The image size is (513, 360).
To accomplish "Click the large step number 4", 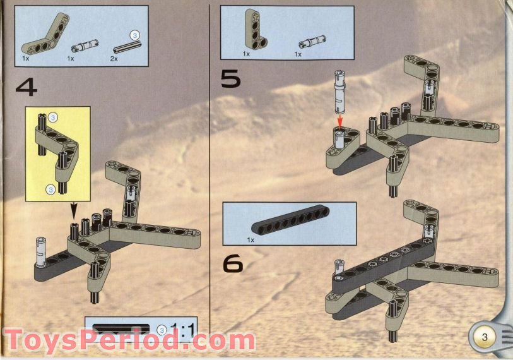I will point(26,87).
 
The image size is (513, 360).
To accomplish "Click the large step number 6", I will point(233,263).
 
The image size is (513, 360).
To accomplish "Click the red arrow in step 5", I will point(339,119).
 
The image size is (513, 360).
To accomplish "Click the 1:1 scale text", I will point(184,330).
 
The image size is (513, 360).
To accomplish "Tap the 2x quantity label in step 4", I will point(114,58).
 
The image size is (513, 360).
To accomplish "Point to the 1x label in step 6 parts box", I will point(251,241).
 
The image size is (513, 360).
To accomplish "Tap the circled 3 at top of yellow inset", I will point(53,117).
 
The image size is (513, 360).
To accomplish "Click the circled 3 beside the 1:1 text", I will point(162,329).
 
